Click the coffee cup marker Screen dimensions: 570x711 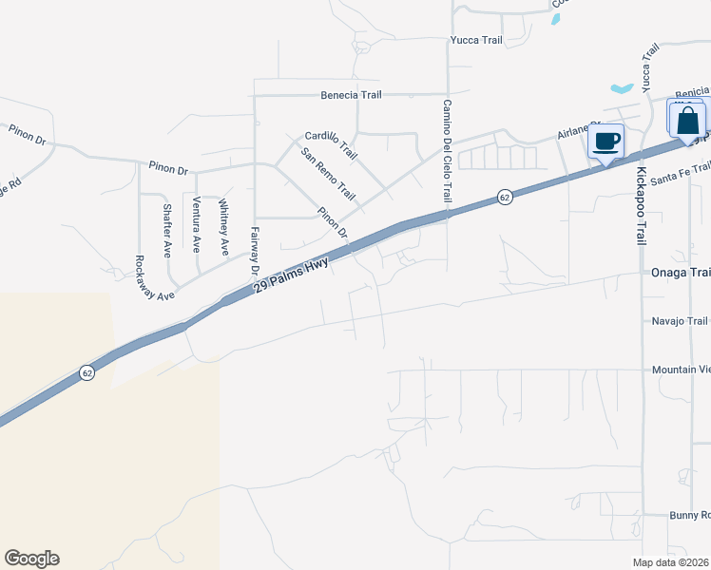(x=605, y=142)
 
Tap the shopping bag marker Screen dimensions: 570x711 (x=688, y=122)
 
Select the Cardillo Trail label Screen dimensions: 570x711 (x=331, y=145)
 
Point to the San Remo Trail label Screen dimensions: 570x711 (x=327, y=175)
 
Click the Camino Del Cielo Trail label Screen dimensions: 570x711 (x=445, y=150)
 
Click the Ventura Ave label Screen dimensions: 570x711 (x=197, y=223)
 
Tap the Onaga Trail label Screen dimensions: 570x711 (x=680, y=273)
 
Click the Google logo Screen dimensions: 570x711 (x=31, y=559)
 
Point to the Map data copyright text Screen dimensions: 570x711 (x=671, y=562)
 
